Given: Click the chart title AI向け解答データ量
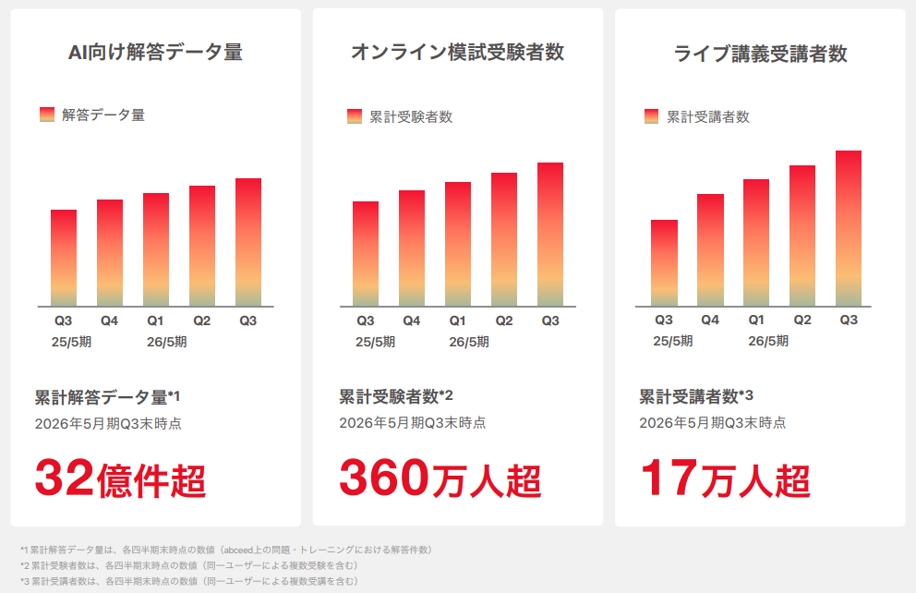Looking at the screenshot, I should [x=155, y=53].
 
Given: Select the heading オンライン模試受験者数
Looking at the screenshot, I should [x=457, y=53].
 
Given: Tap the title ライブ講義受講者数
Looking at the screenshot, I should [x=760, y=54].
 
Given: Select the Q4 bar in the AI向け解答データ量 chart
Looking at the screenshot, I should [x=110, y=252].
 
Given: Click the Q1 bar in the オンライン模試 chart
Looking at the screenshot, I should [x=458, y=244].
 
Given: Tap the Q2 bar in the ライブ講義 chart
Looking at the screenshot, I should [x=802, y=236].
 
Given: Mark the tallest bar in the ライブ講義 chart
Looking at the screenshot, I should [x=849, y=228].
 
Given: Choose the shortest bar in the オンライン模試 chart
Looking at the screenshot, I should [x=366, y=253].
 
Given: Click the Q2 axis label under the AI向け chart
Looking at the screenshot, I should [x=202, y=321].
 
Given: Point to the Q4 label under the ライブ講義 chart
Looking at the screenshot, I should [x=710, y=320].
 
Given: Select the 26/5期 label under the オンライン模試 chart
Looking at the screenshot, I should [x=469, y=342].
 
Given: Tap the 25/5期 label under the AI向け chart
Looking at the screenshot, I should [x=71, y=342].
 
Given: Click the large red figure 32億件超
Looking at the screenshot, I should [x=120, y=478].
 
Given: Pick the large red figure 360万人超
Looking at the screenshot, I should [x=440, y=478].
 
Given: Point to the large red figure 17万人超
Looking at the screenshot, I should [x=725, y=478].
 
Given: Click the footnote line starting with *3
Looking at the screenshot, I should [x=188, y=581].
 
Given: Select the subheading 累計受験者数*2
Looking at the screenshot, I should [x=396, y=397].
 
